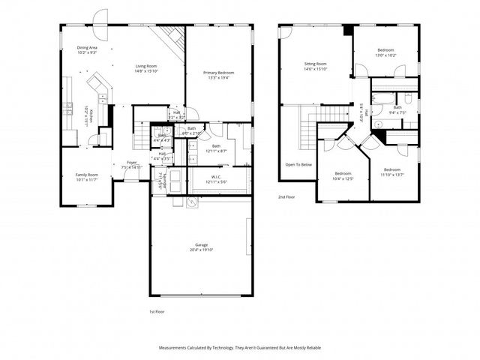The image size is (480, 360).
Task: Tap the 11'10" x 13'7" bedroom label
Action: pos(391,172)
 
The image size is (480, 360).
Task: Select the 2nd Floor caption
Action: pos(286,196)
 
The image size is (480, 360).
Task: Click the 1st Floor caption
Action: pos(156,310)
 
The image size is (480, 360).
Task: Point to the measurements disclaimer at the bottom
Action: pos(239,348)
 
